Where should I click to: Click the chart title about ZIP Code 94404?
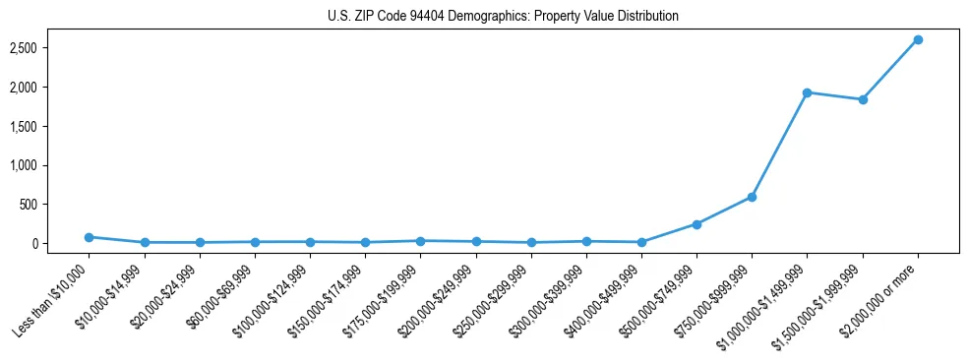[x=503, y=16]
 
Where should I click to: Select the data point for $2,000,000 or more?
[x=917, y=39]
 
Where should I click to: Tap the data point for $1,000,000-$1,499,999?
[x=807, y=92]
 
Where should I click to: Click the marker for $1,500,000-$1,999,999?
[x=862, y=99]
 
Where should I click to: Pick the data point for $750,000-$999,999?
[x=752, y=197]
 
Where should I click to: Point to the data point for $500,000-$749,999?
[x=696, y=224]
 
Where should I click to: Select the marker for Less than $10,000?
[x=89, y=237]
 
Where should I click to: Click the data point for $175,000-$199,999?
[x=420, y=241]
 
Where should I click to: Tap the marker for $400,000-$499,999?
[x=641, y=242]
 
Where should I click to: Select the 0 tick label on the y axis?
[x=61, y=244]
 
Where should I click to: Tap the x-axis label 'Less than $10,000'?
[x=51, y=299]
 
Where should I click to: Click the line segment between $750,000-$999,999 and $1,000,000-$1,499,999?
[x=779, y=145]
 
